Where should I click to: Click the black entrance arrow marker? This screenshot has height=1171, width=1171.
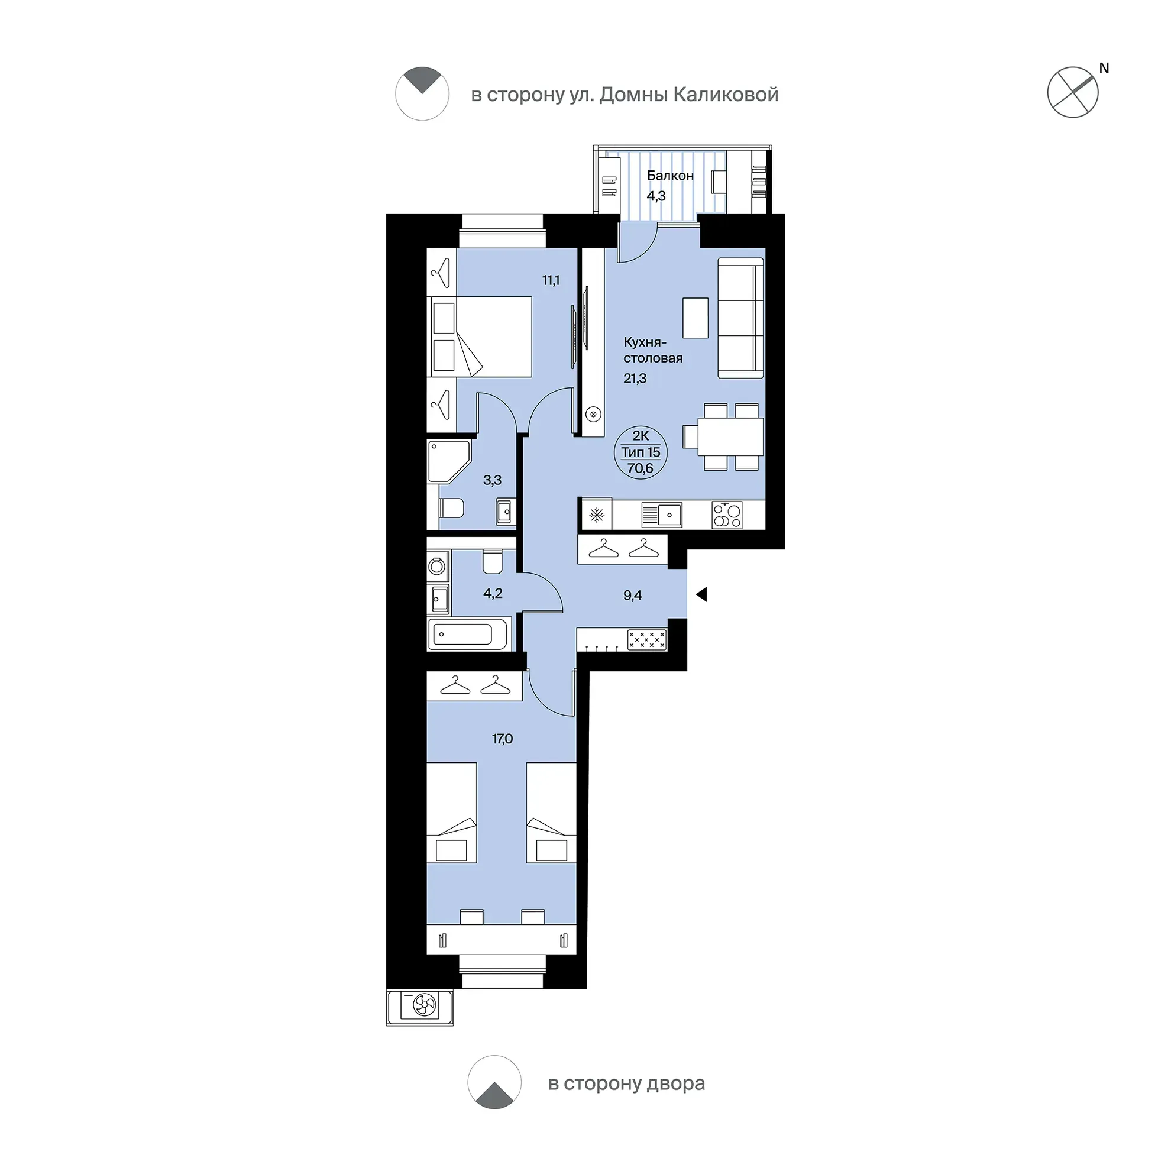pos(701,594)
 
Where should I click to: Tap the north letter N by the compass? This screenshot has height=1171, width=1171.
pos(1104,69)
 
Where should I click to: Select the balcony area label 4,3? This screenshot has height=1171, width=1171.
pos(656,196)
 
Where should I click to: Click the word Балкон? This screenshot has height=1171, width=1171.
pos(670,176)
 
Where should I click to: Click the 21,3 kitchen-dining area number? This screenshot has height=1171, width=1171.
pos(635,379)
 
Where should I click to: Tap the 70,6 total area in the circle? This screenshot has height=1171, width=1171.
pos(641,468)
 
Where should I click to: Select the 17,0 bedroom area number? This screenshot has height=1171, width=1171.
pos(503,739)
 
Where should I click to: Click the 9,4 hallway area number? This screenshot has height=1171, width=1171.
pos(633,595)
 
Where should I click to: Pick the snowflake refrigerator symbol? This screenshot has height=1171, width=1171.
pos(597,515)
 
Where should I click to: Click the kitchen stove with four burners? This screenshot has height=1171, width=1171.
pos(727,515)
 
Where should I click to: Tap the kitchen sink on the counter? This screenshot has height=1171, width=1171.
pos(662,515)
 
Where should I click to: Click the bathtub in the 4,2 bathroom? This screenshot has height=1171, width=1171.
pos(468,635)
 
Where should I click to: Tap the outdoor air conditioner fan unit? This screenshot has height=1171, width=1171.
pos(419,1006)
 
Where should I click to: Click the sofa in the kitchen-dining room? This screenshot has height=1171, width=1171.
pos(740,318)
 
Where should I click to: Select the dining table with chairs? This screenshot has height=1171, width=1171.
pos(724,437)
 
